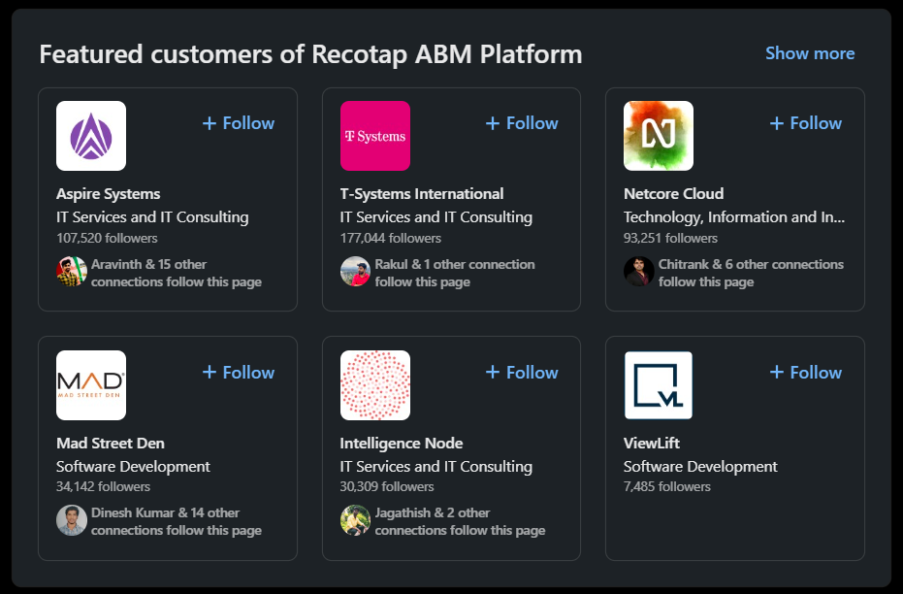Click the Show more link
pyautogui.click(x=810, y=53)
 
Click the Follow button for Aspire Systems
pyautogui.click(x=239, y=123)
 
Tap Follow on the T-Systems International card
pyautogui.click(x=522, y=123)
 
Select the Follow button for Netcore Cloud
pyautogui.click(x=806, y=123)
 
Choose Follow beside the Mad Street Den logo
pyautogui.click(x=239, y=373)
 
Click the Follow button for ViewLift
pyautogui.click(x=806, y=373)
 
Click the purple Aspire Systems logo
pyautogui.click(x=91, y=136)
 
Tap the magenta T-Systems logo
pyautogui.click(x=374, y=136)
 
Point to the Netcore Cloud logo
pyautogui.click(x=659, y=136)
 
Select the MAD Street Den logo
pyautogui.click(x=91, y=384)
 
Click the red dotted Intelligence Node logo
pyautogui.click(x=374, y=384)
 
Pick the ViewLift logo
pyautogui.click(x=659, y=384)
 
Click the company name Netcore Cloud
pyautogui.click(x=673, y=194)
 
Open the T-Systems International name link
pyautogui.click(x=422, y=194)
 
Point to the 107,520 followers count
pyautogui.click(x=107, y=238)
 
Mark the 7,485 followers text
pyautogui.click(x=667, y=486)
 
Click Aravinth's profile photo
pyautogui.click(x=72, y=272)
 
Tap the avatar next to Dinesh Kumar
pyautogui.click(x=72, y=520)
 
